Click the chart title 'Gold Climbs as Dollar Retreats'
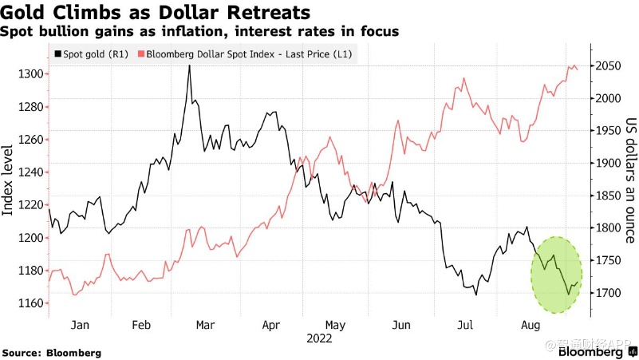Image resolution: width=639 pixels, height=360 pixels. point(156,13)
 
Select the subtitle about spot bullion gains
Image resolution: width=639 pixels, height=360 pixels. point(199,31)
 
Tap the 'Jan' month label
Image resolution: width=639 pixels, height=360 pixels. point(79,326)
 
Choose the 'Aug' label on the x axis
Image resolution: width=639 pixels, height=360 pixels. point(531,326)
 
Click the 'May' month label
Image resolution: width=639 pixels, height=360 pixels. point(335,326)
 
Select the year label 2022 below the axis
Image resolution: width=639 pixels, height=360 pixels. point(319,338)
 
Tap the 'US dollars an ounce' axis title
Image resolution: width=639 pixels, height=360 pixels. point(629,180)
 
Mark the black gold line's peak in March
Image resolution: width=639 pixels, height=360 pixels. point(189,66)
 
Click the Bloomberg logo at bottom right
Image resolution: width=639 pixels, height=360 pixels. point(591,351)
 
